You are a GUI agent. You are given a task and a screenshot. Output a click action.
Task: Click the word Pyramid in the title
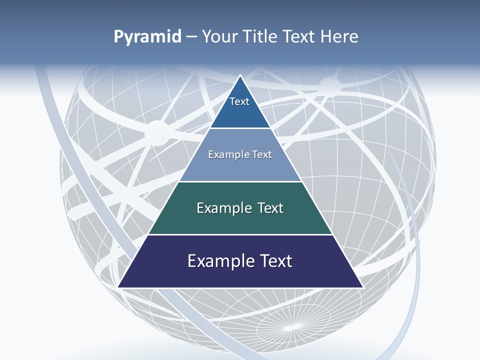147,37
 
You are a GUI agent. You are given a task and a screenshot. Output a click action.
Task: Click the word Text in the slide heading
299,36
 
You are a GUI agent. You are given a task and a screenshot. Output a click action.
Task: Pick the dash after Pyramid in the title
191,37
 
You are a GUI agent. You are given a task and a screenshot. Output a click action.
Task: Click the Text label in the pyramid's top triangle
239,101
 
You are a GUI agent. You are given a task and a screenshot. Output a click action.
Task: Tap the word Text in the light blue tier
261,154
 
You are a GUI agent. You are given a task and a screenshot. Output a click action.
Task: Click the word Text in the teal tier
270,208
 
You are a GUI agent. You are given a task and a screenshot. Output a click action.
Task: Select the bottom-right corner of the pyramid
362,287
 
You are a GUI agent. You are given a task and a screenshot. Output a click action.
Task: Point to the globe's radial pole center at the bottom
294,327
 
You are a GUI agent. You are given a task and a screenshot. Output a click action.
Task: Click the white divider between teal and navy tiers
240,234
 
